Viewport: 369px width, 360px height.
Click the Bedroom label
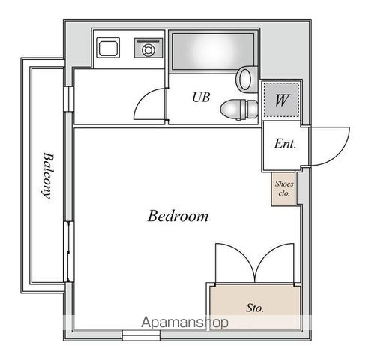point(178,216)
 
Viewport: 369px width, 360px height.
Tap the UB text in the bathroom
point(201,97)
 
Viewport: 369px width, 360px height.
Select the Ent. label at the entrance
point(285,144)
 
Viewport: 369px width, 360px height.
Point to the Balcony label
point(48,175)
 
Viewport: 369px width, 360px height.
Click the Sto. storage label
point(255,307)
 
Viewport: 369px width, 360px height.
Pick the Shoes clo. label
point(284,188)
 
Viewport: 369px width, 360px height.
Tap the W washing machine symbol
point(282,100)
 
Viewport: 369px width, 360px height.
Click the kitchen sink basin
point(108,48)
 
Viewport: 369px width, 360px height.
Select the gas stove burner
point(148,50)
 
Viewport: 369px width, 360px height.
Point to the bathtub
point(213,50)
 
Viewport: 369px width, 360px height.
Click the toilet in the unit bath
point(239,109)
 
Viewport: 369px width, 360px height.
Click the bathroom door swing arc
point(144,98)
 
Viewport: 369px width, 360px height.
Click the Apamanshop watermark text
point(184,322)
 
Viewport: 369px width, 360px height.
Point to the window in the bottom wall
point(141,335)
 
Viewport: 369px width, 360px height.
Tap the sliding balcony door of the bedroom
point(68,251)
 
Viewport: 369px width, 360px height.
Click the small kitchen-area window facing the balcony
point(68,99)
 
